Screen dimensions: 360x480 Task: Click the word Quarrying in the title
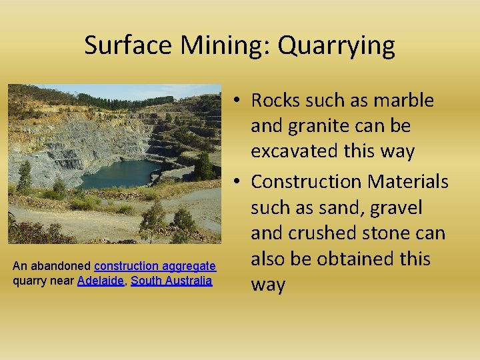click(336, 46)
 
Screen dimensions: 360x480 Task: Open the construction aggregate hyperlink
click(155, 266)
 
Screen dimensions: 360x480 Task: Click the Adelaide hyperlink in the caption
click(100, 281)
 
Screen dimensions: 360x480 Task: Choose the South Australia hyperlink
click(171, 281)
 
